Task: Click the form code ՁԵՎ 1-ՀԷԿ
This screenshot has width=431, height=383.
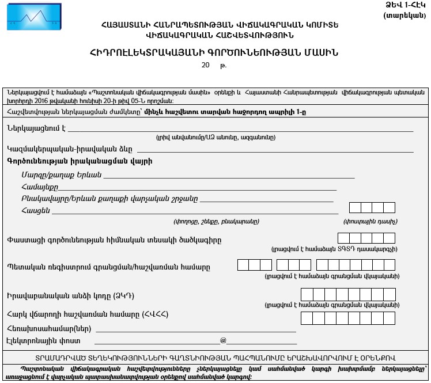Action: [409, 5]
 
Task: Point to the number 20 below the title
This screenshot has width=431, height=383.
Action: [206, 66]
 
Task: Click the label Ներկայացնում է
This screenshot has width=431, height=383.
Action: [36, 128]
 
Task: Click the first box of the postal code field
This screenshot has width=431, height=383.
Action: [355, 208]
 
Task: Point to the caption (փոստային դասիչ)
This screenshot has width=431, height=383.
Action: [370, 221]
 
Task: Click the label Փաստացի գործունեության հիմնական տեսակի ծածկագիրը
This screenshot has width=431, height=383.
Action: [114, 239]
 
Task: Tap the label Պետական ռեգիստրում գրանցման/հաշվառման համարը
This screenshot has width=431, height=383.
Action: [108, 267]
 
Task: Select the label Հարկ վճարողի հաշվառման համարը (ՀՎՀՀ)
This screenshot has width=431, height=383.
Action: [96, 314]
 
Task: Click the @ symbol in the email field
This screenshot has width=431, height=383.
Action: [223, 341]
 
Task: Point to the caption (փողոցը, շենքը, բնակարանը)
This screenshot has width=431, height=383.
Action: [216, 221]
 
